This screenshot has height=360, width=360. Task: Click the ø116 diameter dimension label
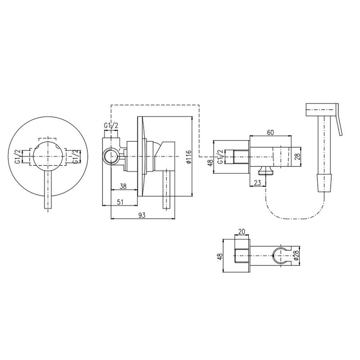click(x=189, y=157)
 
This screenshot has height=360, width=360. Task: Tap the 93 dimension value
click(x=142, y=215)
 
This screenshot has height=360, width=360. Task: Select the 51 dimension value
click(x=120, y=202)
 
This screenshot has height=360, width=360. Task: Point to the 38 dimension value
click(x=123, y=186)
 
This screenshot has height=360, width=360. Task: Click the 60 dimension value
click(x=270, y=132)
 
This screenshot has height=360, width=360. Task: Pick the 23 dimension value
click(x=258, y=183)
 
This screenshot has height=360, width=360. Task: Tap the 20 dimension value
click(x=242, y=231)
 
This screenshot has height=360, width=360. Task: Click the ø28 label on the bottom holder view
click(x=296, y=256)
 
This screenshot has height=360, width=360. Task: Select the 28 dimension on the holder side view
click(x=297, y=157)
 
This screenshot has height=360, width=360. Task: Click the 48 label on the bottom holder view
click(x=220, y=256)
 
